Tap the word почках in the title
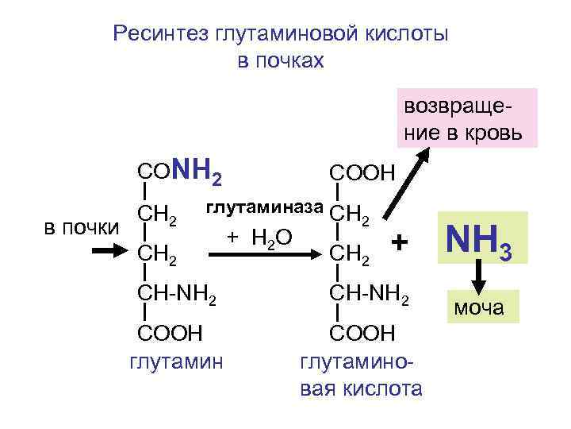[x=281, y=60]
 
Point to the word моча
[x=481, y=307]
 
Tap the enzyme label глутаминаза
[x=265, y=209]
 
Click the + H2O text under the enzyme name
[x=259, y=236]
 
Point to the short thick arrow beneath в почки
[x=102, y=250]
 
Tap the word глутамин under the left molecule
[x=175, y=363]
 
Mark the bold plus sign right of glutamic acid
[x=401, y=241]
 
